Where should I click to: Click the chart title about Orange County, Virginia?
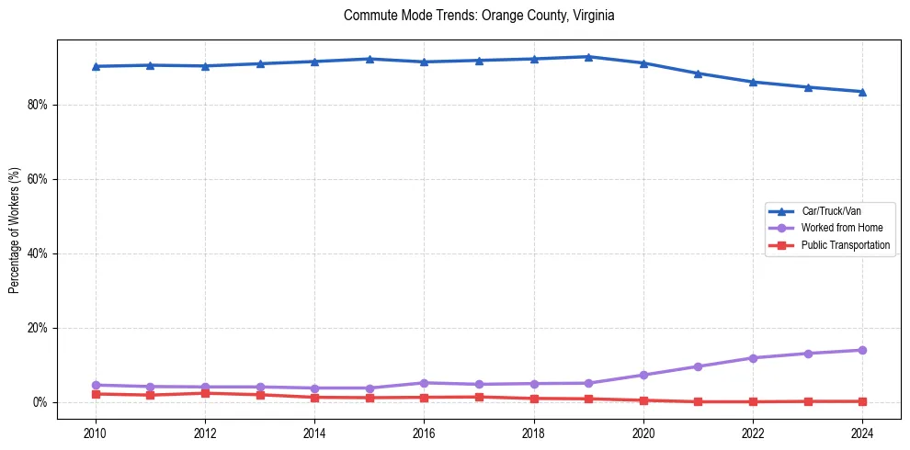click(x=478, y=16)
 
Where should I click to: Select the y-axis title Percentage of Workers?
click(x=14, y=230)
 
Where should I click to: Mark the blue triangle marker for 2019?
click(x=588, y=57)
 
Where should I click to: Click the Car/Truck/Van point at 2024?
click(x=862, y=92)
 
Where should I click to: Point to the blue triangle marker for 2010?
click(x=96, y=66)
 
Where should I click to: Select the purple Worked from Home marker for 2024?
click(x=862, y=350)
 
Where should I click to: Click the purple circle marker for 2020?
click(x=643, y=375)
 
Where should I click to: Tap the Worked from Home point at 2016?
click(x=424, y=382)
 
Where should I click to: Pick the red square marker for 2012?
click(x=205, y=393)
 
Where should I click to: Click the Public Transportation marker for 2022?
click(x=753, y=401)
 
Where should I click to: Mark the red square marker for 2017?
click(x=479, y=397)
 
